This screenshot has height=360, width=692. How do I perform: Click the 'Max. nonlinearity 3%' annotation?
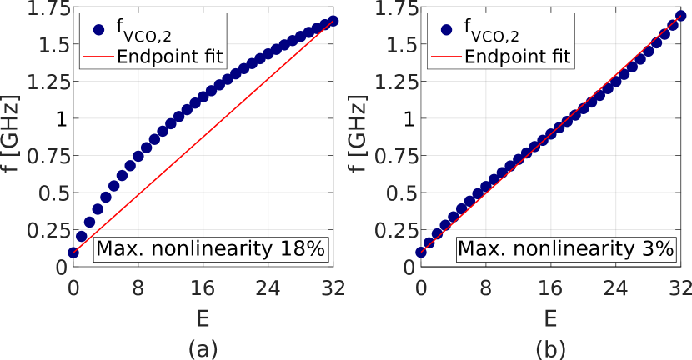coord(564,248)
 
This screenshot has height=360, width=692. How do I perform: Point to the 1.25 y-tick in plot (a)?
coord(45,82)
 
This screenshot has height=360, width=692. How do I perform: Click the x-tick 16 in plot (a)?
coord(203,287)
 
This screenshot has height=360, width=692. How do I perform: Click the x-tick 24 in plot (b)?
coord(617,287)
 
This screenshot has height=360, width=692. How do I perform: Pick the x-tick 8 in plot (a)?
coord(138,287)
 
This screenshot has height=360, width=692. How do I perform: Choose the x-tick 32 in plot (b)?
coord(681,287)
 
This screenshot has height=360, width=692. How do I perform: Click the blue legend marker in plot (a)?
coord(99,30)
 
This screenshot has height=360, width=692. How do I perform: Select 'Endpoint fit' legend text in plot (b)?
coord(517,57)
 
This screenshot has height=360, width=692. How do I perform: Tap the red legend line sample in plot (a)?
coord(99,57)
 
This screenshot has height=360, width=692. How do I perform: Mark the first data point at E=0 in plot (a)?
coord(74,252)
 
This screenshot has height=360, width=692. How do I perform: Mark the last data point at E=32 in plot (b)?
coord(682,17)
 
